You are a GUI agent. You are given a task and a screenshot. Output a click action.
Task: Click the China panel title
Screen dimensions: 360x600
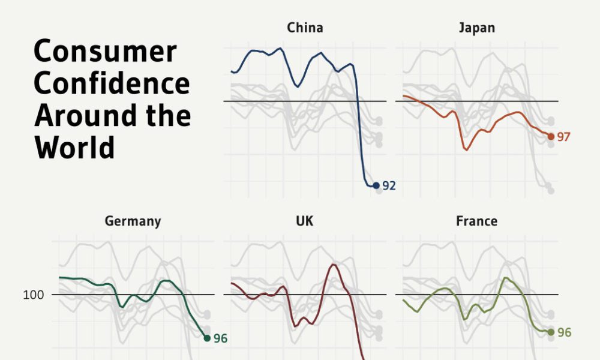[305, 28]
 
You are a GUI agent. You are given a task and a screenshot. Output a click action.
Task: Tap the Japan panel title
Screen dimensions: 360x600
[476, 28]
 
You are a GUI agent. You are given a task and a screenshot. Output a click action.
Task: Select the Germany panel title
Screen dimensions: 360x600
[133, 221]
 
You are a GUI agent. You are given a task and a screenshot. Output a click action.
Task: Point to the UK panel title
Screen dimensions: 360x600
[304, 221]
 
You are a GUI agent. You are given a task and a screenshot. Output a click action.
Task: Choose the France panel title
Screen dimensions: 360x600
[476, 221]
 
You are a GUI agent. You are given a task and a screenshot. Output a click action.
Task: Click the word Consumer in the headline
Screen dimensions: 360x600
[105, 53]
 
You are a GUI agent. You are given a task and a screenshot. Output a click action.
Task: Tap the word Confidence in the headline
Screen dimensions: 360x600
[112, 84]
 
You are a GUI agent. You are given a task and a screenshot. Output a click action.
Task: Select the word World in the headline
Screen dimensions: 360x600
[74, 147]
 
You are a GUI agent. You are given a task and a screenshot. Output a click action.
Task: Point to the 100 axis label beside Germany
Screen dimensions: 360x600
[35, 295]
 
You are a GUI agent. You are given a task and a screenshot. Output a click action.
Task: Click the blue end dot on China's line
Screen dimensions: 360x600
[376, 186]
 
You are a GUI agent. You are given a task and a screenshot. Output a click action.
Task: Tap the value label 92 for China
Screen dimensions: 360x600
[389, 186]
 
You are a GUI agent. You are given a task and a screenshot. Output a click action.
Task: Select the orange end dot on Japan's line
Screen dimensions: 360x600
[551, 137]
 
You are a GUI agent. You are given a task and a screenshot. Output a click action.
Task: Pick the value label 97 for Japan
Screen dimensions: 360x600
[563, 137]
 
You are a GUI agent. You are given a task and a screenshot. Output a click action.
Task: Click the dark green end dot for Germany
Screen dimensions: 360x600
[207, 338]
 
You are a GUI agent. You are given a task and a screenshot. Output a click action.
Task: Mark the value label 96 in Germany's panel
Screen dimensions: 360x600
[220, 338]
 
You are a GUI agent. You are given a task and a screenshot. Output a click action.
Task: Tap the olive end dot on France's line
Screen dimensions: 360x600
[551, 332]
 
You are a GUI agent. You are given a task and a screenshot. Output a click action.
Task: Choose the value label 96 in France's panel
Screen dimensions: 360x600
[564, 332]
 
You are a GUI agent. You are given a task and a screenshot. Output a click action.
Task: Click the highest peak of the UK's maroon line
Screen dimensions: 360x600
[334, 265]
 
